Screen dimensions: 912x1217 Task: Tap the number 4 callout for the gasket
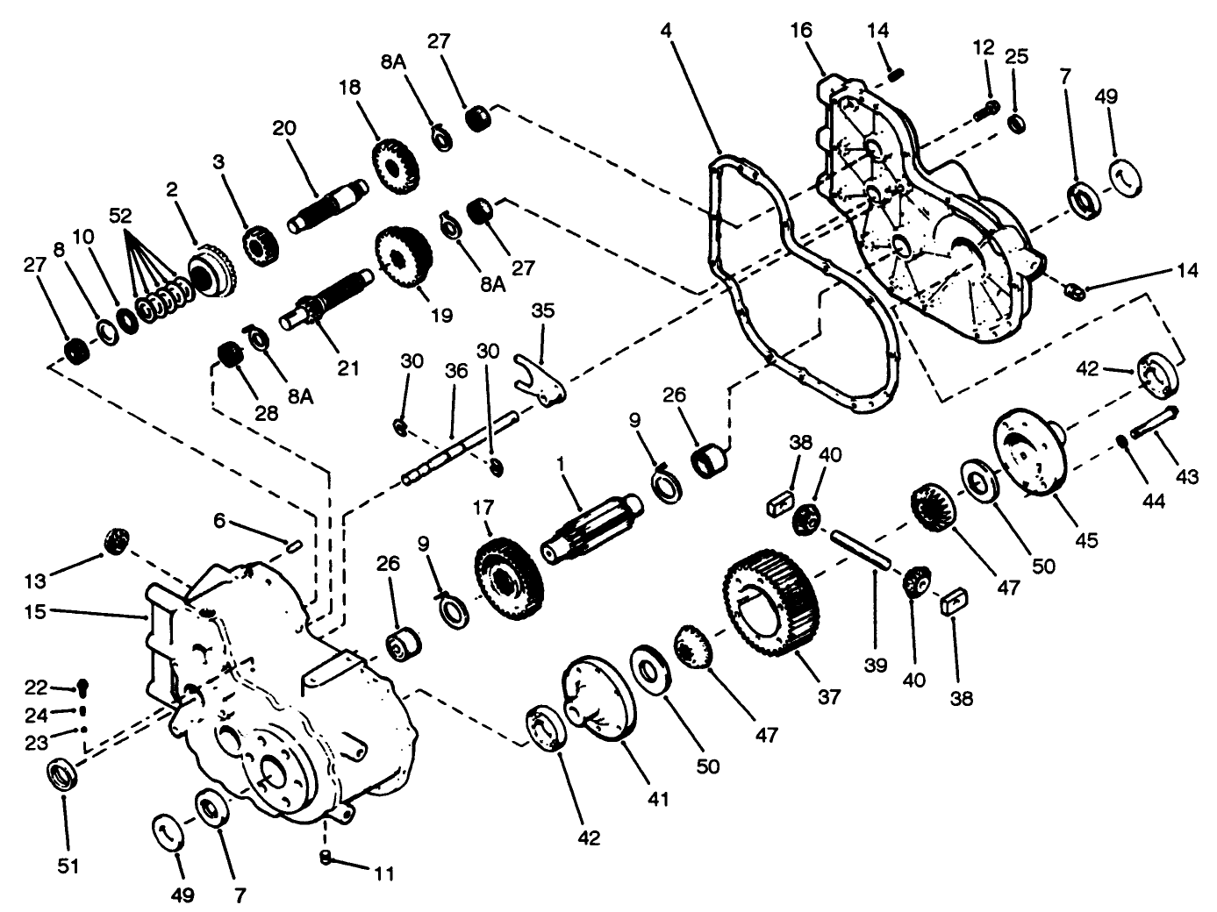[x=666, y=30]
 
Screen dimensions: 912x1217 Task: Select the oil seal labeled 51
[x=62, y=775]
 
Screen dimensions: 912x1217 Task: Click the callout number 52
[x=122, y=214]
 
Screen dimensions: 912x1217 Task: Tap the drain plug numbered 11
[x=325, y=856]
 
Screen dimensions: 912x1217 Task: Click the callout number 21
[x=348, y=368]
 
